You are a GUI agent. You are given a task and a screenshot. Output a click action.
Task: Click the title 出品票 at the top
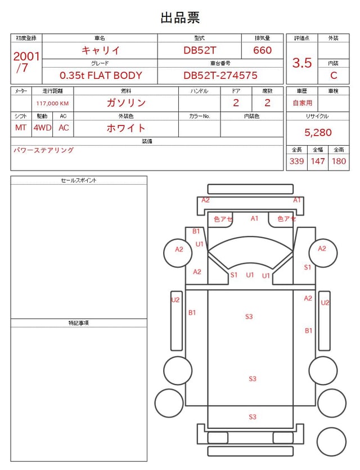(x=180, y=17)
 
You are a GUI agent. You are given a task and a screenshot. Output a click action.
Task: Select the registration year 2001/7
(x=26, y=62)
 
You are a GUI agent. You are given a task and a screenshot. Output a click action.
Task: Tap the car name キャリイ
(x=101, y=50)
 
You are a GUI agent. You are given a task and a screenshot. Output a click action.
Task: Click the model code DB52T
(x=200, y=50)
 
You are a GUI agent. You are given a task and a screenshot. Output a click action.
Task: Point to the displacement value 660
(x=262, y=50)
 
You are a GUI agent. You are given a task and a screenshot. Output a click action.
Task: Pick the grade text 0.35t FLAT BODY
(x=101, y=75)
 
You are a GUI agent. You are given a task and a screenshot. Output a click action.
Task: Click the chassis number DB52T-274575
(x=220, y=75)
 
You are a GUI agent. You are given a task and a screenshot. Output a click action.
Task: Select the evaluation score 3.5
(x=302, y=63)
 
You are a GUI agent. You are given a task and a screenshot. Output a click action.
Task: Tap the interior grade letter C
(x=334, y=75)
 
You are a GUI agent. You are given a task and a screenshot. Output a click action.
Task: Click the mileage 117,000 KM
(x=52, y=104)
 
